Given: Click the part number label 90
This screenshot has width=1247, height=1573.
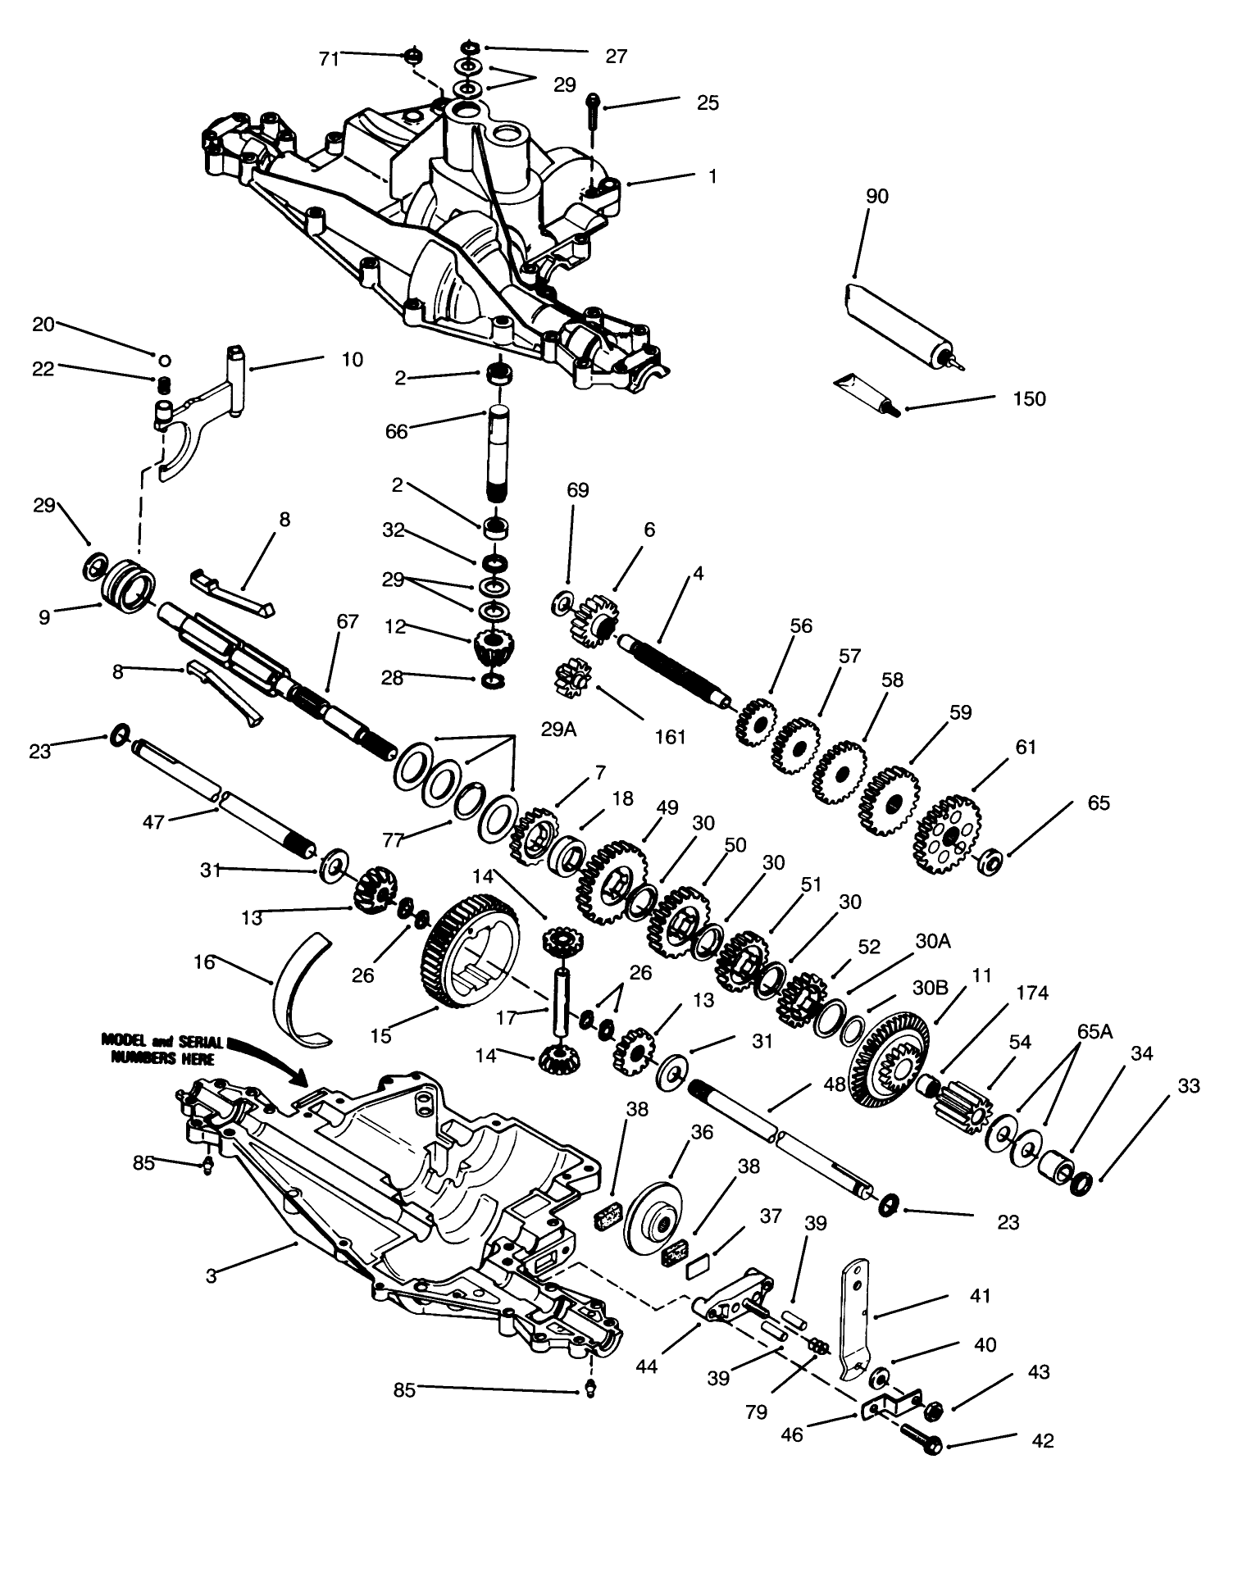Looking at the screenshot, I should [876, 197].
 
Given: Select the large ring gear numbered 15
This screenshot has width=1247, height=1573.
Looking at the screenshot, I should [470, 950].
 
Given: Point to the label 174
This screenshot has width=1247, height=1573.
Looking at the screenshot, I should [1031, 993].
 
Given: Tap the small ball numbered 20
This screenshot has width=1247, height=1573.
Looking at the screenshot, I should [164, 359].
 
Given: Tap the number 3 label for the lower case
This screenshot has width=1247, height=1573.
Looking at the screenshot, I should [211, 1276].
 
